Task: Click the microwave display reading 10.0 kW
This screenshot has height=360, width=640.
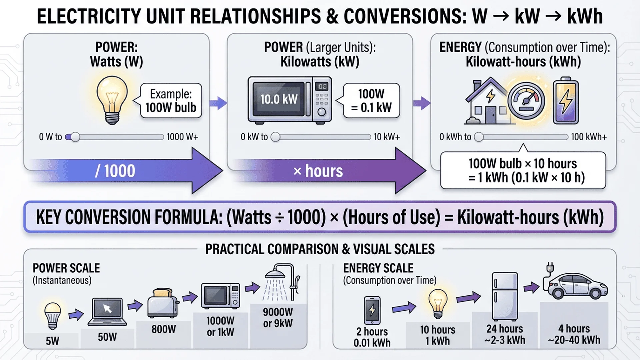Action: pyautogui.click(x=279, y=99)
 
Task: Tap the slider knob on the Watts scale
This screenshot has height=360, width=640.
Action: pyautogui.click(x=75, y=137)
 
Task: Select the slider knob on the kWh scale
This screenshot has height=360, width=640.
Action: pyautogui.click(x=479, y=137)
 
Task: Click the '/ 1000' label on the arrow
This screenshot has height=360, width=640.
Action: pyautogui.click(x=115, y=171)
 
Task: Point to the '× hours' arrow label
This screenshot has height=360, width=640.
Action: pyautogui.click(x=318, y=171)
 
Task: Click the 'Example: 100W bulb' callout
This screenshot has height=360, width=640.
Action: pyautogui.click(x=171, y=101)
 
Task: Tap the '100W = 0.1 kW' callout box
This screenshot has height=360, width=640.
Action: pyautogui.click(x=371, y=101)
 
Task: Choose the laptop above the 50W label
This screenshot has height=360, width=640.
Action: pyautogui.click(x=107, y=312)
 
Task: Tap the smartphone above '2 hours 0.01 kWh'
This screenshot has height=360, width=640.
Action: pyautogui.click(x=372, y=310)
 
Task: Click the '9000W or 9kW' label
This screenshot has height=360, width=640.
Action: pyautogui.click(x=278, y=317)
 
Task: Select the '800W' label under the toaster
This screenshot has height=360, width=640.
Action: pyautogui.click(x=163, y=329)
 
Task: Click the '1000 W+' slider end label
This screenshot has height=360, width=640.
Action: pyautogui.click(x=182, y=137)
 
